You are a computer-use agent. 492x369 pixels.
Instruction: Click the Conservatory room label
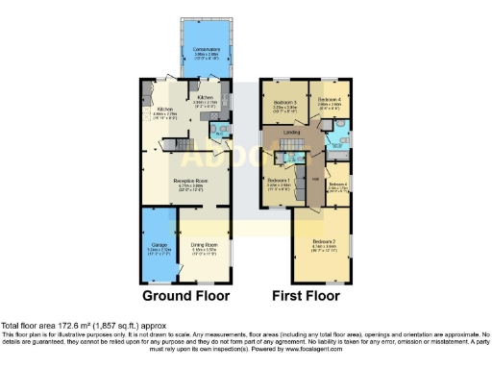[206, 49]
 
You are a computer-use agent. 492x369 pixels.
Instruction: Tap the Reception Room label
[191, 180]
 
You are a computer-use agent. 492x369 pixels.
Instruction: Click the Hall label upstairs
[315, 177]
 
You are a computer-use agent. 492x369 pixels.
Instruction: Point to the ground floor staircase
[173, 145]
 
